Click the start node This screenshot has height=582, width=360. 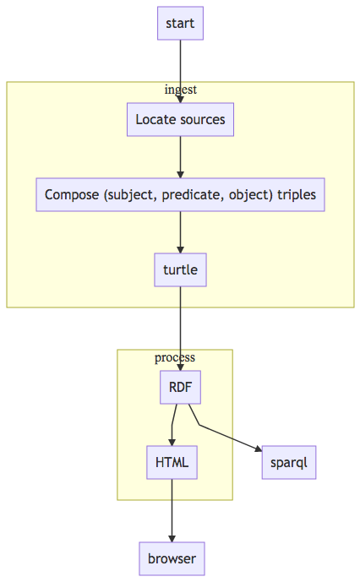[180, 23]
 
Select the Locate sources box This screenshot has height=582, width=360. [180, 119]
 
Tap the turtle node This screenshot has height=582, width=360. [180, 269]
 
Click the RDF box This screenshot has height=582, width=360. [180, 387]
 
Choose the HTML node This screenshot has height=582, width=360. [172, 463]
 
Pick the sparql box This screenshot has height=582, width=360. [289, 463]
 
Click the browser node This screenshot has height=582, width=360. [172, 558]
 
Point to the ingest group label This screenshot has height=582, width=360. [181, 90]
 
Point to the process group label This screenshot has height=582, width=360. [175, 357]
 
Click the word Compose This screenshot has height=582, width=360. [72, 194]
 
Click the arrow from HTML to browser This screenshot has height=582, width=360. [172, 511]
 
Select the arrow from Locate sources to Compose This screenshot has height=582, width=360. [180, 157]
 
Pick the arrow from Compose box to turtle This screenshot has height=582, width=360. [180, 232]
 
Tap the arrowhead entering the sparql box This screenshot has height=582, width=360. [259, 449]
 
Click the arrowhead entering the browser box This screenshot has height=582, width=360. [172, 539]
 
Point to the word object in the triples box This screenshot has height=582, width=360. [251, 195]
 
